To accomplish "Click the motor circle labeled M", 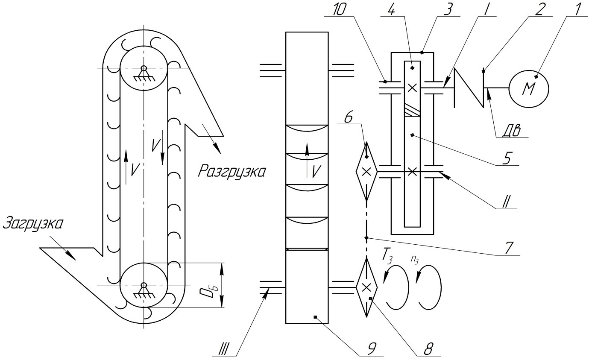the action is pyautogui.click(x=529, y=89).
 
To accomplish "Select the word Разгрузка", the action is pyautogui.click(x=231, y=171).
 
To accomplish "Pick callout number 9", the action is pyautogui.click(x=370, y=349).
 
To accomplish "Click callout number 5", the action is pyautogui.click(x=507, y=158).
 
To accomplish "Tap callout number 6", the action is pyautogui.click(x=349, y=118).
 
